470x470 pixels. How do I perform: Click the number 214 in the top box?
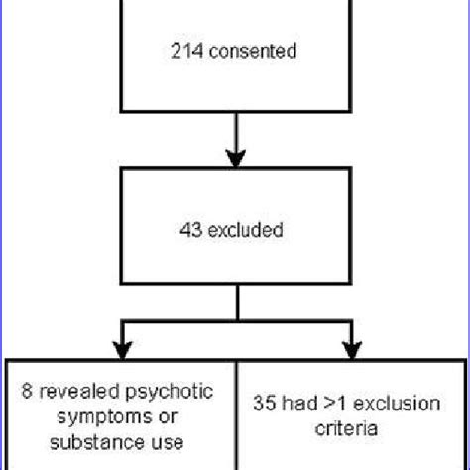click(183, 52)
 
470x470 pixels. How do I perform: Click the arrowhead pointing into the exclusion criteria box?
click(352, 349)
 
